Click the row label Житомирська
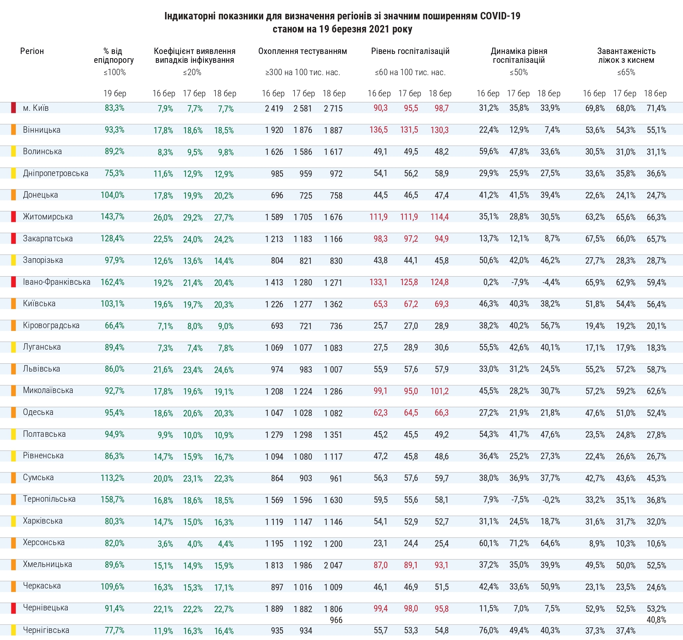pos(48,217)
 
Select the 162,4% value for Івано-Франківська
pos(112,282)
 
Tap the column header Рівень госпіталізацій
pos(410,51)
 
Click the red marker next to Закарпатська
pos(13,239)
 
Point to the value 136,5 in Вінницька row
pos(378,130)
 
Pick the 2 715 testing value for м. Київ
pos(333,109)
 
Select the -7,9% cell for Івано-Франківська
pos(520,282)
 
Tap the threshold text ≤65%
pos(626,72)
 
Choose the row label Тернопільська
pos(49,499)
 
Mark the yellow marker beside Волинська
pos(13,151)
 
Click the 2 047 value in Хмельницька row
pos(333,565)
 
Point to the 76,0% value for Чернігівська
pos(489,630)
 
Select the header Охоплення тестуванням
pos(302,51)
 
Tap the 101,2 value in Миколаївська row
pos(439,391)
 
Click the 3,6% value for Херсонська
pos(165,544)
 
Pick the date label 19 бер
pos(114,93)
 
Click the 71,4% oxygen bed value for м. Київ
pos(656,108)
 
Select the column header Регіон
pos(32,51)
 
